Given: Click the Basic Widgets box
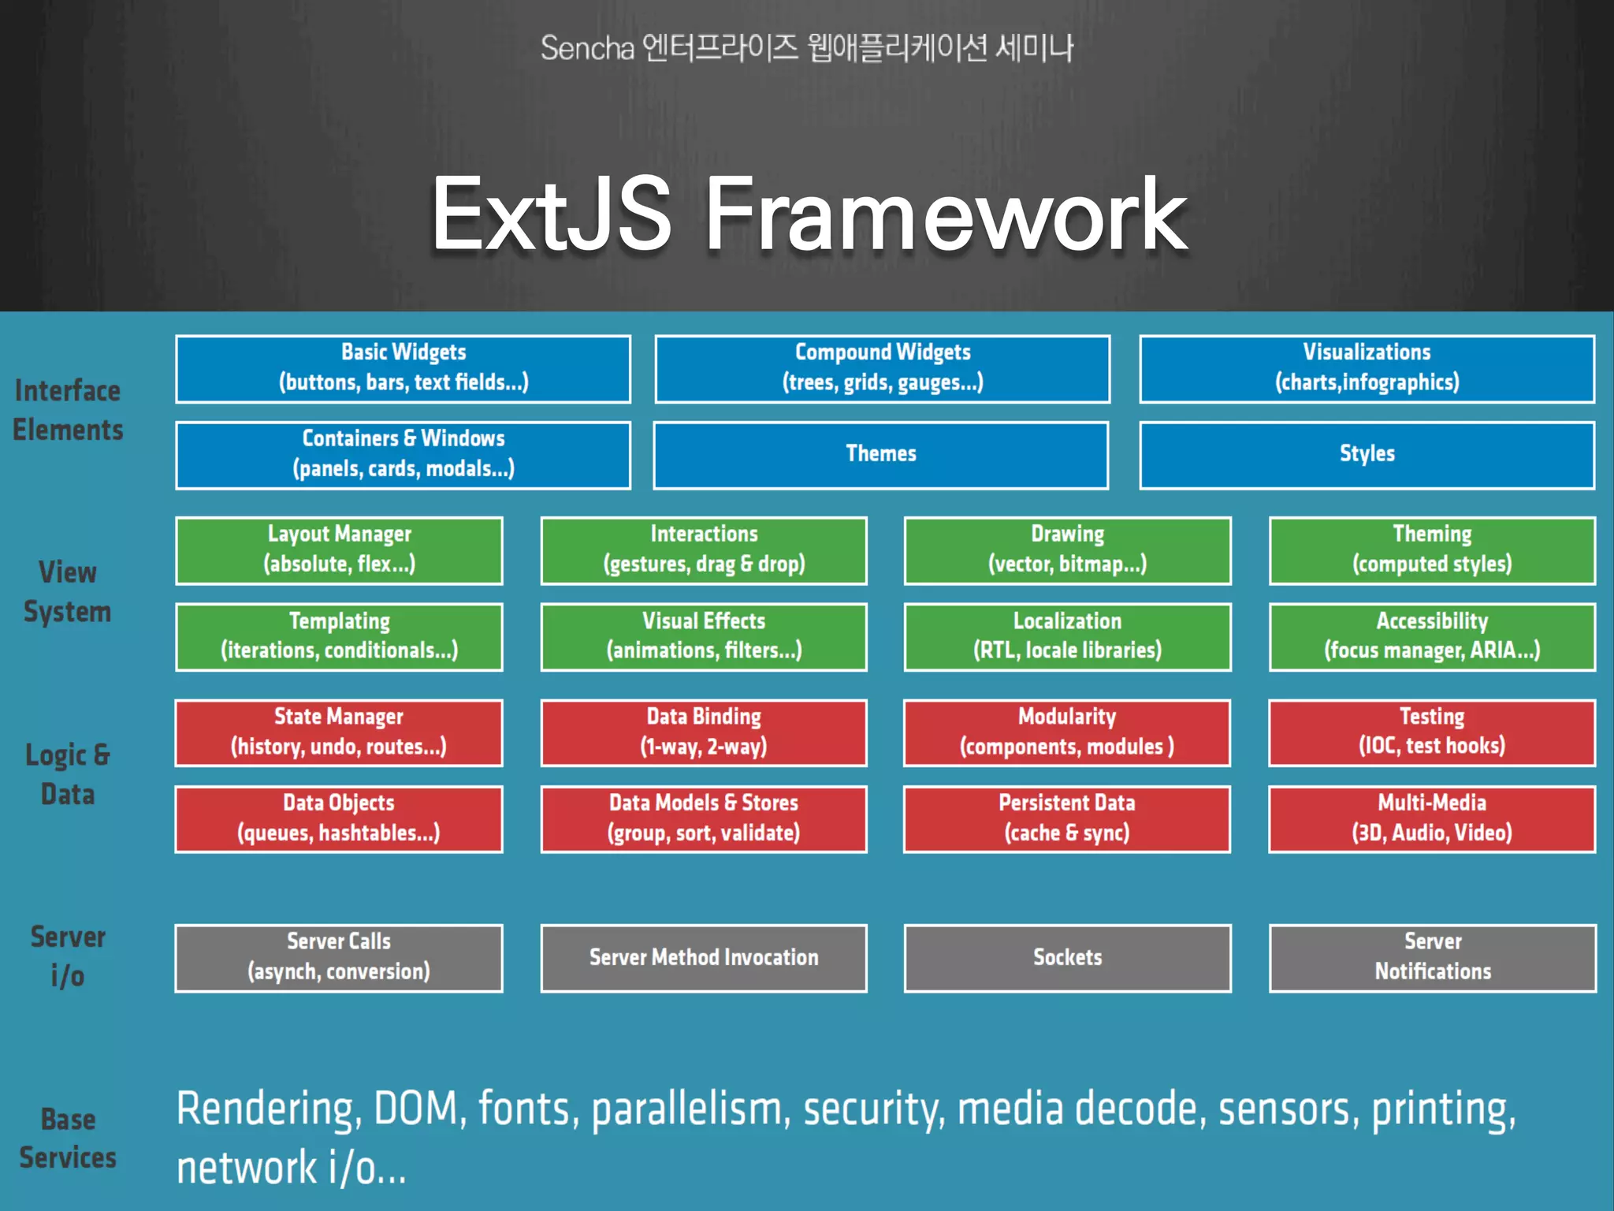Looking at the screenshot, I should pyautogui.click(x=403, y=369).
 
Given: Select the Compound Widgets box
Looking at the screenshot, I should pyautogui.click(x=882, y=369).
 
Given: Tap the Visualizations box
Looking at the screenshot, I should pyautogui.click(x=1367, y=369).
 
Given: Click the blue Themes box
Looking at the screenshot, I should pyautogui.click(x=880, y=455).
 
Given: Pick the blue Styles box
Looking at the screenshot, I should pyautogui.click(x=1367, y=455).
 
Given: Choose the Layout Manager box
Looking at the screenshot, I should pyautogui.click(x=339, y=550).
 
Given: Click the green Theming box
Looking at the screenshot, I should pyautogui.click(x=1432, y=550).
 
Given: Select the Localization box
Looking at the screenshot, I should pyautogui.click(x=1067, y=636).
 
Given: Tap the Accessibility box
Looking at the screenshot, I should pyautogui.click(x=1432, y=636).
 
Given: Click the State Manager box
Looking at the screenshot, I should pyautogui.click(x=339, y=732).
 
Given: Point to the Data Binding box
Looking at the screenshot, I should pyautogui.click(x=704, y=732).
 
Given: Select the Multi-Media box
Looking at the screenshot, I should pyautogui.click(x=1432, y=818).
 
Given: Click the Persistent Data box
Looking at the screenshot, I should pyautogui.click(x=1067, y=818).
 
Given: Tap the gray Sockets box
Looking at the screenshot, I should pyautogui.click(x=1067, y=958).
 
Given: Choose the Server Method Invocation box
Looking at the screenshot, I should pyautogui.click(x=704, y=958).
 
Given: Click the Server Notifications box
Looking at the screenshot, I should pyautogui.click(x=1432, y=958).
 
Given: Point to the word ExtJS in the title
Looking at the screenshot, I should pyautogui.click(x=551, y=214).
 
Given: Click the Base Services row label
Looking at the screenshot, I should pyautogui.click(x=68, y=1138).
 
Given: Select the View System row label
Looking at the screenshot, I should pyautogui.click(x=68, y=592).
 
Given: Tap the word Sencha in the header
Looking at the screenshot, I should pyautogui.click(x=587, y=49).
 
